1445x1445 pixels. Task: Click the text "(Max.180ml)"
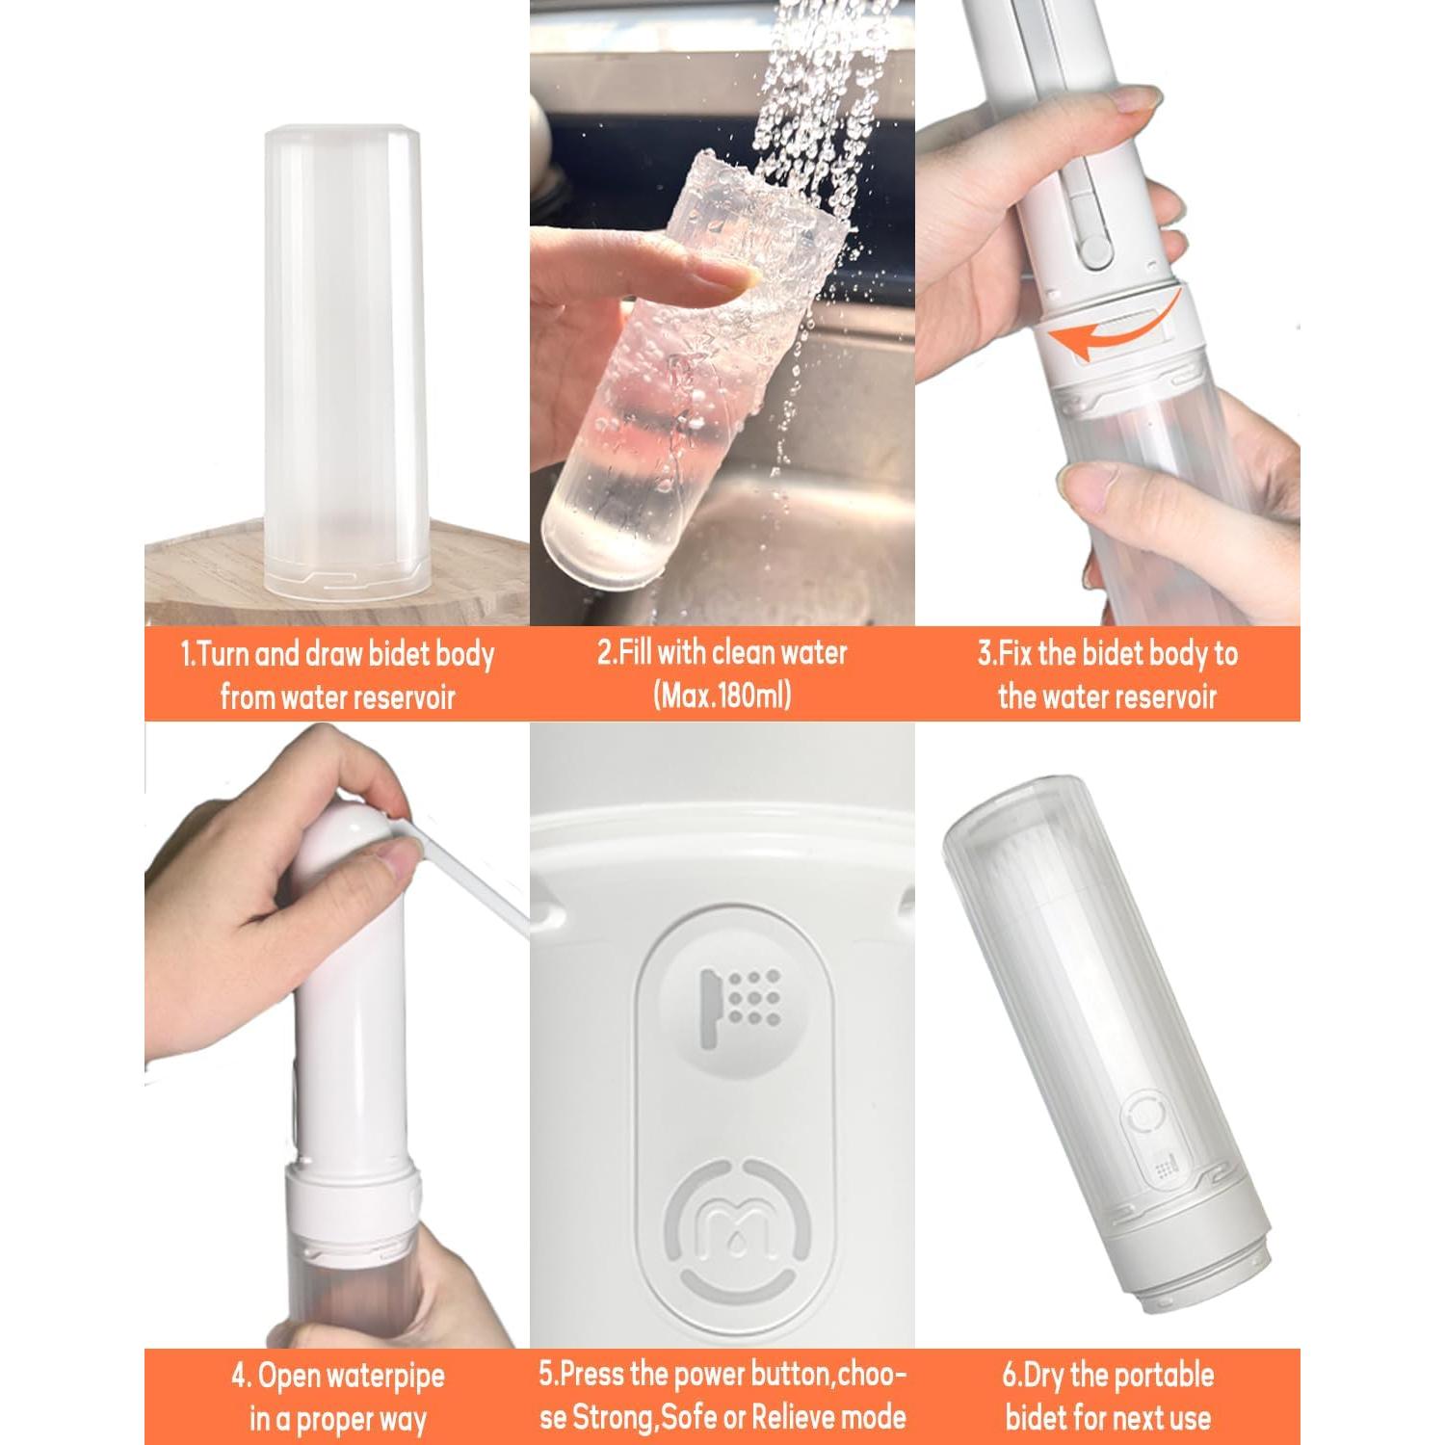[x=722, y=695]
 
